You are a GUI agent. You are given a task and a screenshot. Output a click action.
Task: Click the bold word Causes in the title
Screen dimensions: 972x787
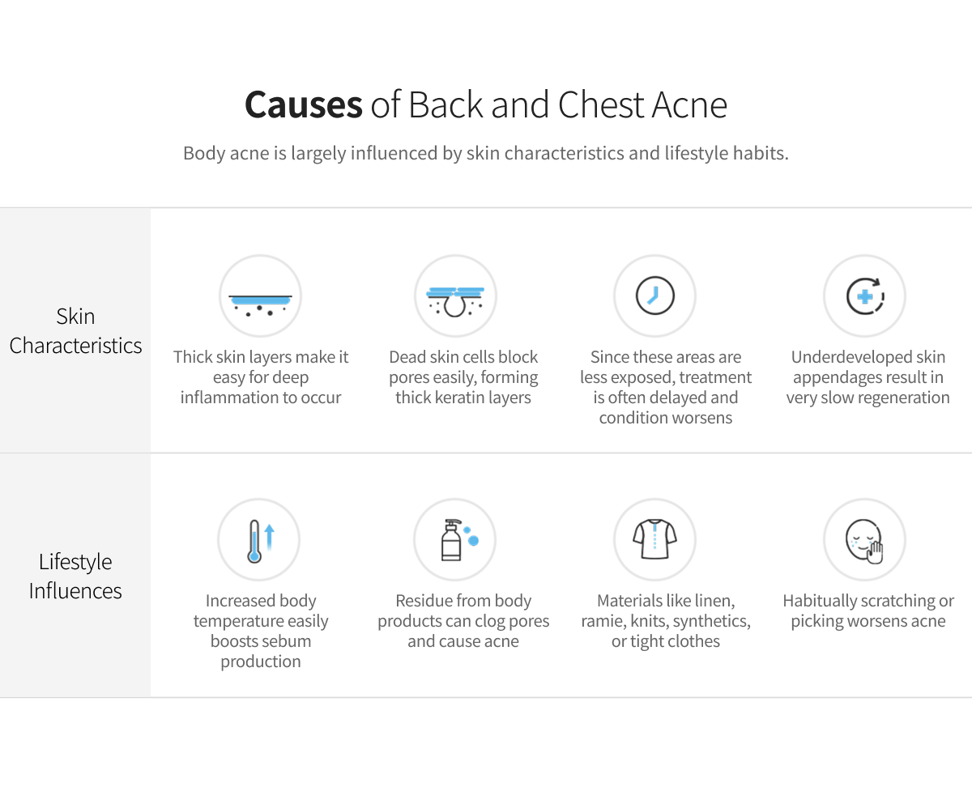pyautogui.click(x=304, y=104)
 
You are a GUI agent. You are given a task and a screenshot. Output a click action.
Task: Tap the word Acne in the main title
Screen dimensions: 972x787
pyautogui.click(x=689, y=104)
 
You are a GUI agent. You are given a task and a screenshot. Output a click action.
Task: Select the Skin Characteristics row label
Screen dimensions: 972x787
pyautogui.click(x=75, y=331)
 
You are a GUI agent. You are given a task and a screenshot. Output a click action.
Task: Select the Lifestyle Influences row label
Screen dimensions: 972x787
pyautogui.click(x=75, y=576)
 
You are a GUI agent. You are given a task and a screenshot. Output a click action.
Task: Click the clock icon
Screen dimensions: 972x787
pyautogui.click(x=654, y=296)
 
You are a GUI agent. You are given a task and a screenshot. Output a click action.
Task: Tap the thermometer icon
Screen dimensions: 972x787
pyautogui.click(x=254, y=541)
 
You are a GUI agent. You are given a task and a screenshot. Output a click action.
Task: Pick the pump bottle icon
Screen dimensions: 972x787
pyautogui.click(x=451, y=540)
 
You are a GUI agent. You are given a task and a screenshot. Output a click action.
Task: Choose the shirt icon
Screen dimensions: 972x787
pyautogui.click(x=654, y=538)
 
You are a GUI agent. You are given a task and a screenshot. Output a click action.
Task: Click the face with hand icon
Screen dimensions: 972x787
pyautogui.click(x=864, y=541)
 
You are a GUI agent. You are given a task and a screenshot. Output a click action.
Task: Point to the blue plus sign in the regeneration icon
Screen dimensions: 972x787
pyautogui.click(x=865, y=296)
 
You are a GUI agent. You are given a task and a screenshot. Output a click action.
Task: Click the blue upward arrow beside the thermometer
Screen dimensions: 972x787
pyautogui.click(x=269, y=537)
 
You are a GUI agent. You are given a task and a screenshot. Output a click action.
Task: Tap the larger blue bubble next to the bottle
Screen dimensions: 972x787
pyautogui.click(x=474, y=541)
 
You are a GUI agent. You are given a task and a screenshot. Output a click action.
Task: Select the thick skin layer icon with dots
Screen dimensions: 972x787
pyautogui.click(x=260, y=304)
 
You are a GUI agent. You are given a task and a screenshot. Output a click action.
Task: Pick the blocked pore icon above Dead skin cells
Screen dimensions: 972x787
pyautogui.click(x=455, y=301)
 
